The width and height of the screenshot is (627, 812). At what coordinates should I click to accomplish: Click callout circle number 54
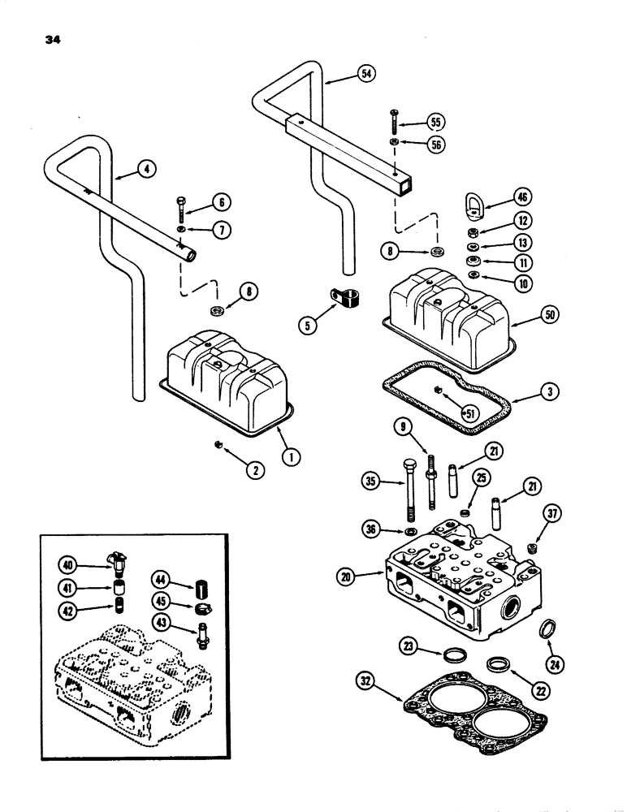point(367,74)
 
